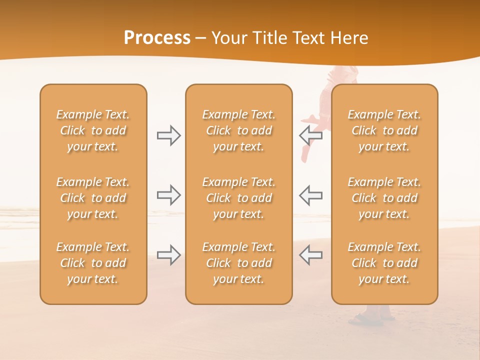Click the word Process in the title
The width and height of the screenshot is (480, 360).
(x=157, y=37)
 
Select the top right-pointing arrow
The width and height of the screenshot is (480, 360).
(x=169, y=135)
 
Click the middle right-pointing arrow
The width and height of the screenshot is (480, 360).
(x=169, y=195)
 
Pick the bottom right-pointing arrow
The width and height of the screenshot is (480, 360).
(x=169, y=254)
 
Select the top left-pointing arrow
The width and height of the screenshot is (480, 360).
(x=310, y=134)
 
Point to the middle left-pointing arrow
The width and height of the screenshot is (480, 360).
(x=310, y=195)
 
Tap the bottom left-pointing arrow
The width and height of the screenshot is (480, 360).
(x=310, y=254)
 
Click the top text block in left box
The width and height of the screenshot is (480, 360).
(x=93, y=130)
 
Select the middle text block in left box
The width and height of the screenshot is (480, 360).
(x=93, y=198)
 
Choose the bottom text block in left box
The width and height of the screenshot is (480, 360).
(x=93, y=263)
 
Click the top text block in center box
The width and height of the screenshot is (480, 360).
(x=238, y=130)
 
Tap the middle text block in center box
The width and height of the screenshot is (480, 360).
(x=238, y=198)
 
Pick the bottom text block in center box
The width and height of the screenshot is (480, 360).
(x=238, y=263)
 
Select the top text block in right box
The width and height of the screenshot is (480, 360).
(x=384, y=130)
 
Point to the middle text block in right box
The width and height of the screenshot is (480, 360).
(x=384, y=198)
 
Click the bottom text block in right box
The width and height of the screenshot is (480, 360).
(x=384, y=263)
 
